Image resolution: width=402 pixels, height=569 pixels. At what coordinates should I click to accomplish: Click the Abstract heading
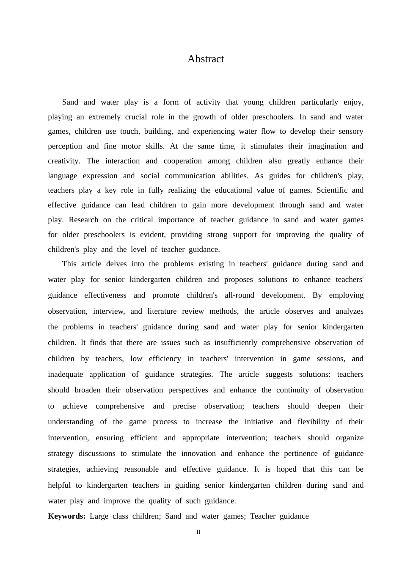pos(206,59)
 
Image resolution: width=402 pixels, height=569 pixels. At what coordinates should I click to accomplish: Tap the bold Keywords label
pos(66,516)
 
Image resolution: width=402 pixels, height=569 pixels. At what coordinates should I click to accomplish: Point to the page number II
pos(198,532)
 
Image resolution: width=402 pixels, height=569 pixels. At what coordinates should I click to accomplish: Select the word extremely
pos(105,117)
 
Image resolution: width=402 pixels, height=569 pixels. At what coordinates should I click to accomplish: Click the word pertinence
pos(298,453)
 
